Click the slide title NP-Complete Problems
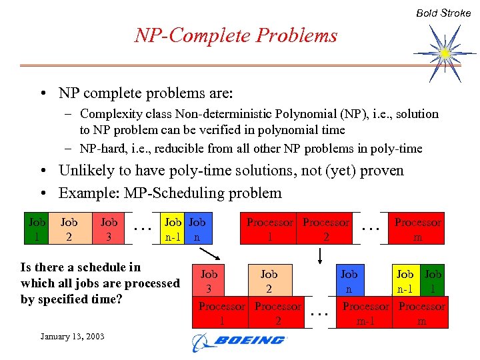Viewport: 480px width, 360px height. (x=236, y=35)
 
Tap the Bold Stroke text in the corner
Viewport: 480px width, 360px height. (x=443, y=13)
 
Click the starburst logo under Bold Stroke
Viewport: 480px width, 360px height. (x=445, y=52)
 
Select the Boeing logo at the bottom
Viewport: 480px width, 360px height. (x=238, y=341)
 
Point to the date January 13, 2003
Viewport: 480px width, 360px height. (x=72, y=336)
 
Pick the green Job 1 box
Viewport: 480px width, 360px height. (x=433, y=281)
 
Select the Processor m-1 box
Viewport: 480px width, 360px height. (x=365, y=313)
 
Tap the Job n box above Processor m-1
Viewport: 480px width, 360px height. (x=349, y=281)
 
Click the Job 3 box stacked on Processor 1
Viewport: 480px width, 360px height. (x=209, y=281)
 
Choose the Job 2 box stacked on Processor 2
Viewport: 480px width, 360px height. (x=269, y=281)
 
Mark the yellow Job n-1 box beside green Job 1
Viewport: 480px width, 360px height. (x=405, y=281)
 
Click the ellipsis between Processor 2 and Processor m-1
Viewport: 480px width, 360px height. (x=321, y=311)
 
